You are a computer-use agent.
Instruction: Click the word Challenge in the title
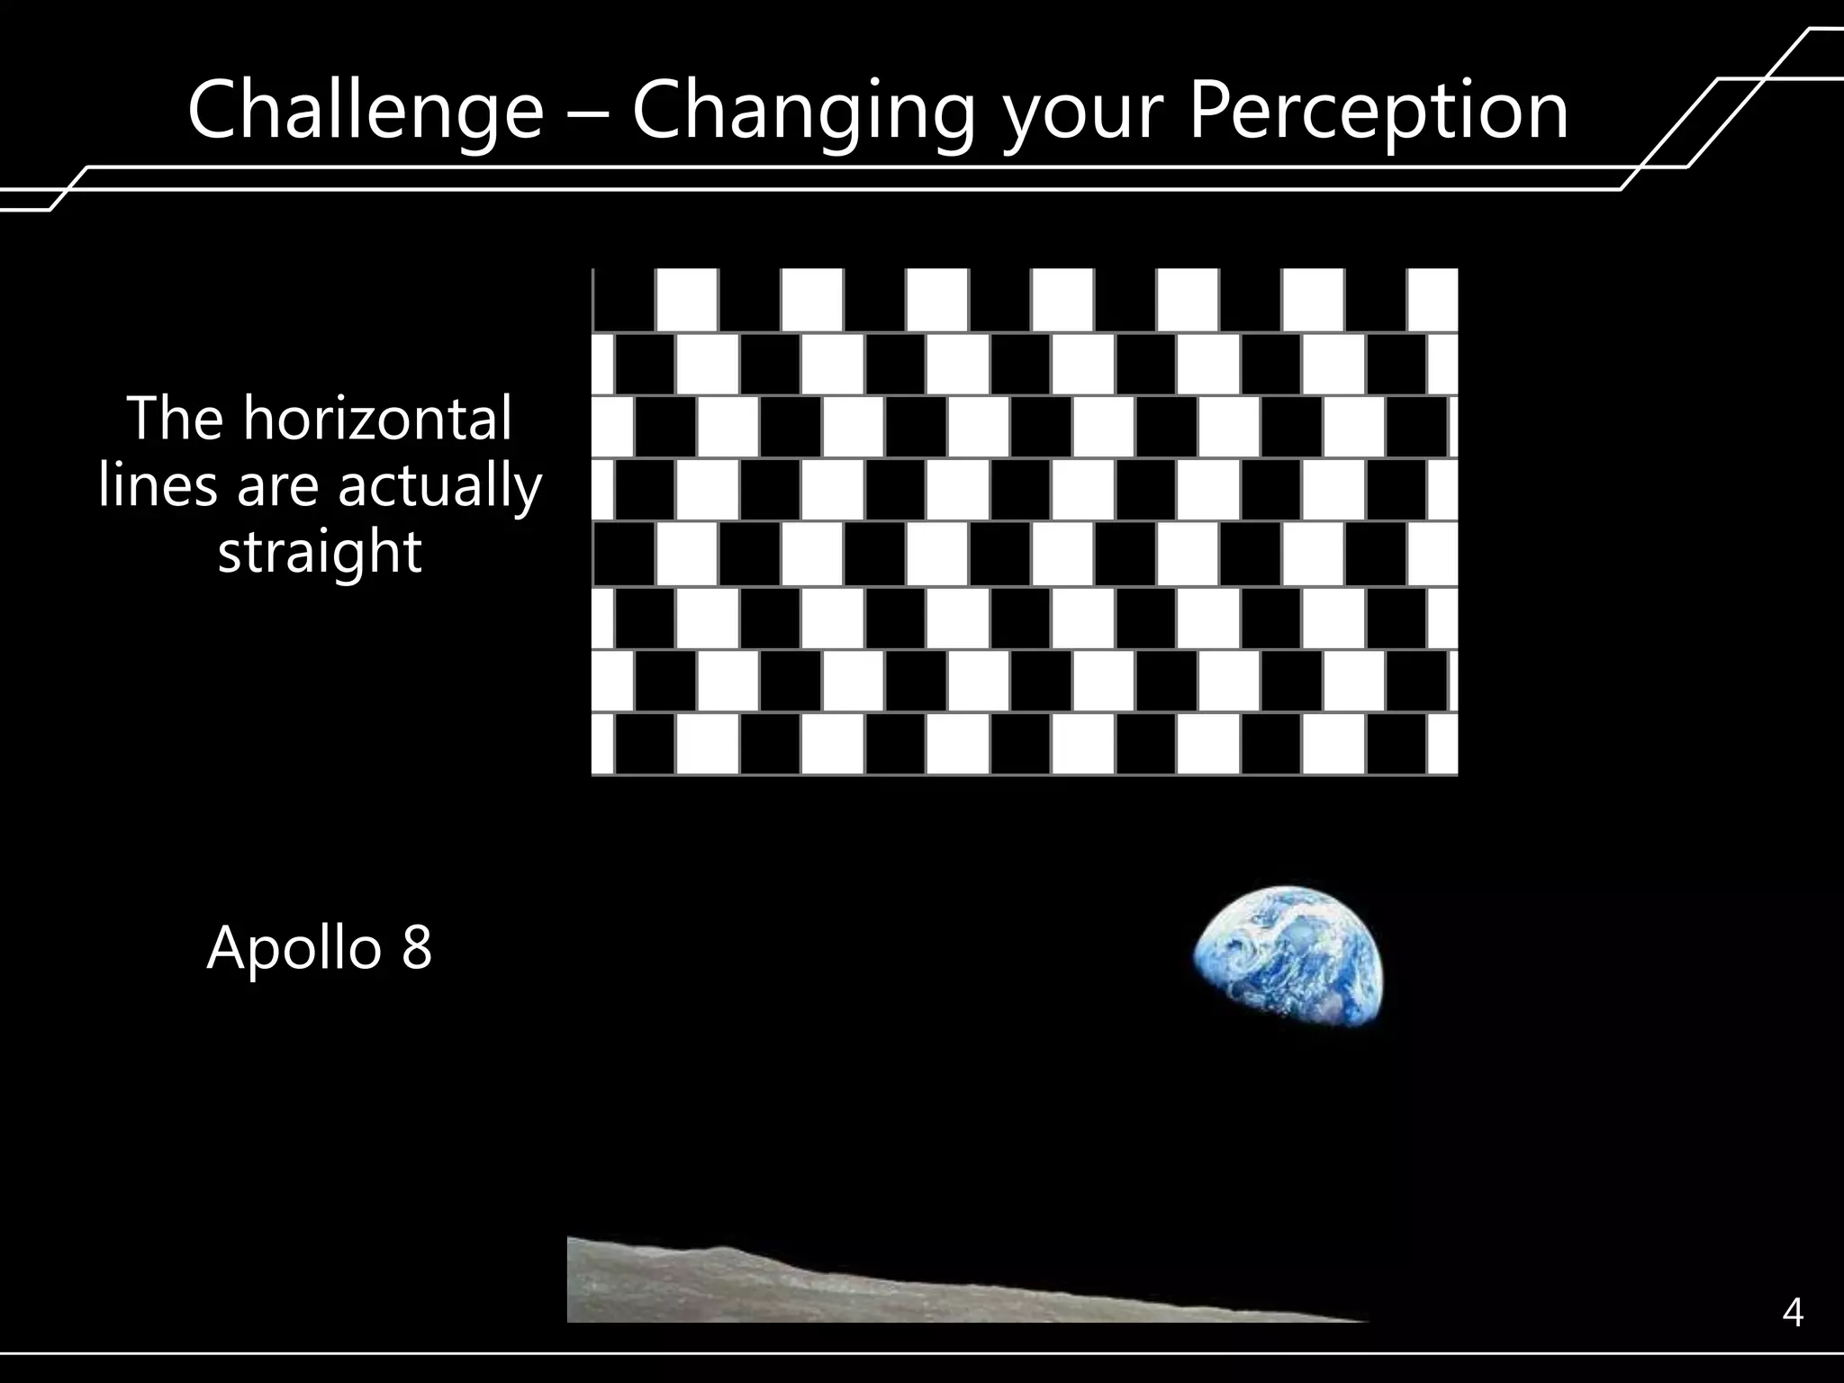point(366,110)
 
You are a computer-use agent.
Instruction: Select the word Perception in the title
point(1378,110)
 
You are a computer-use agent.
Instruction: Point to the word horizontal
point(377,419)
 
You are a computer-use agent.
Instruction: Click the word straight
point(320,552)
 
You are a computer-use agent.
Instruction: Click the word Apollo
point(294,949)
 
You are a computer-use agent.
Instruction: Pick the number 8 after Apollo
point(416,949)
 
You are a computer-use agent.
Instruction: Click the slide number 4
point(1792,1314)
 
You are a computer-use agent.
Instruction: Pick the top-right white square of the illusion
point(1432,300)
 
